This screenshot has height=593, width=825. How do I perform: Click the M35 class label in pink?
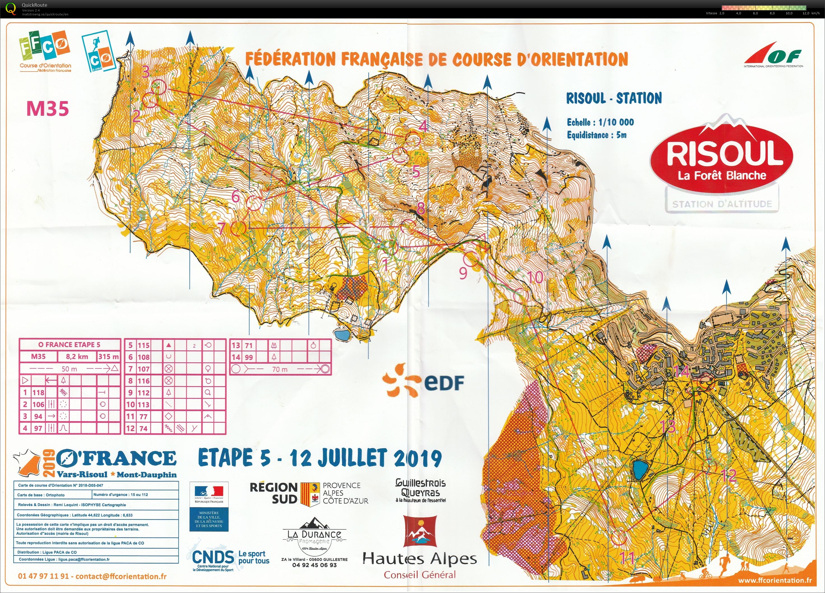coord(47,108)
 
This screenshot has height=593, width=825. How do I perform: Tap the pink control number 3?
coord(145,72)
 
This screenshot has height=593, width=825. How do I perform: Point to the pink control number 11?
coord(627,557)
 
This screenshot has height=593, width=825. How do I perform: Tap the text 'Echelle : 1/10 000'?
coord(600,122)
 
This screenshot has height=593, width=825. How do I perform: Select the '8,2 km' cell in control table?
coord(77,356)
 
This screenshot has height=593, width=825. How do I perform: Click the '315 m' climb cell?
coord(108,356)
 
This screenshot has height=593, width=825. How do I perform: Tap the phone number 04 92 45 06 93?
coord(314,565)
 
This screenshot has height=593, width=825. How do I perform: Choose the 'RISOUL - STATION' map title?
coord(614,98)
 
